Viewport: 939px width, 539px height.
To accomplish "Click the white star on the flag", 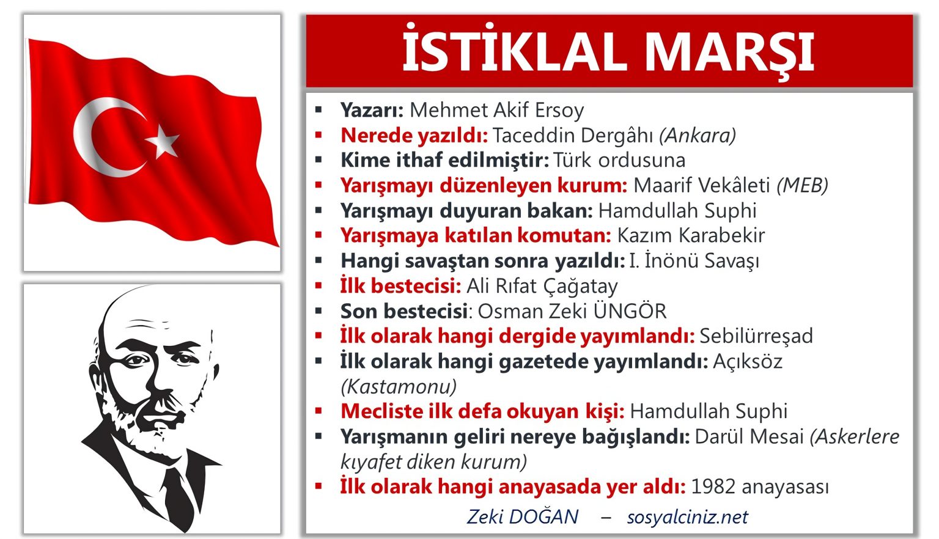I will coord(163,142).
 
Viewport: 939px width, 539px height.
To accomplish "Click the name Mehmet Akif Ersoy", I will coord(496,110).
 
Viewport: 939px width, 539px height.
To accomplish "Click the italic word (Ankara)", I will coord(698,135).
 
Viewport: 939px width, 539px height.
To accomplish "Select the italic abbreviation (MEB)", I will coord(802,185).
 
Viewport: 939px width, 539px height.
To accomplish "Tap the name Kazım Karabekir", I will coord(691,235).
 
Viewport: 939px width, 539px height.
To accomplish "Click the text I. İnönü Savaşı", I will coord(694,261).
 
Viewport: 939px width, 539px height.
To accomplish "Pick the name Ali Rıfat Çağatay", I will coord(542,286).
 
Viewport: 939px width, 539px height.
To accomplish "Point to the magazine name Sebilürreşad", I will coord(756,336).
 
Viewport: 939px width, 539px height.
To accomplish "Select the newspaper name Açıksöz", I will coord(748,361).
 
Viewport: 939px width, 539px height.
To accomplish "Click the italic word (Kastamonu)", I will coord(399,387).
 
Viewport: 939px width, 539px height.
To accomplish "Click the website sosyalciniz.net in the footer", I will coord(687,517).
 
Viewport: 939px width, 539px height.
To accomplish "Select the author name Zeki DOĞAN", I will coord(523,517).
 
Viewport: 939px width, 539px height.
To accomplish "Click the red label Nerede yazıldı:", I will coord(414,135).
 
